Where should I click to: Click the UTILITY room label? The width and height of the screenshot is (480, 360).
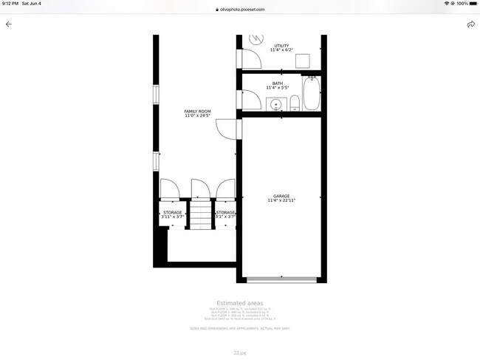point(281,46)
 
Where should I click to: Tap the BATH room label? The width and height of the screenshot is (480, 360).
point(277,84)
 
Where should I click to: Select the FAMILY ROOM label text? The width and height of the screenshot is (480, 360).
point(197,112)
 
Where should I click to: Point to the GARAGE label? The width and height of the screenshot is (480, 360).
point(281,196)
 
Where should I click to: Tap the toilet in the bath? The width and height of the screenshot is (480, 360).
point(294,103)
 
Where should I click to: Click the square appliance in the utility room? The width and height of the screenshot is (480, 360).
point(302,61)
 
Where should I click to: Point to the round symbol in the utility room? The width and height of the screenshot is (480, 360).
point(257,38)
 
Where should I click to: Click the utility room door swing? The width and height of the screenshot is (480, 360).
point(248,58)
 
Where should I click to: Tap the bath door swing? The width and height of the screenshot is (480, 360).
point(248,100)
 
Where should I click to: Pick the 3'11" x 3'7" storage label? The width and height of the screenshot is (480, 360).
point(172,214)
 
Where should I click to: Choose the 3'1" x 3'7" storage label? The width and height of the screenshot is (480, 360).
point(225,214)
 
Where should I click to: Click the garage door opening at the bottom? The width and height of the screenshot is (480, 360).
point(281,279)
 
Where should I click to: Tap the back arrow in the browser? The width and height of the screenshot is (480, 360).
point(9,24)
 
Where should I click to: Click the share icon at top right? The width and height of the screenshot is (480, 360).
point(470,24)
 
